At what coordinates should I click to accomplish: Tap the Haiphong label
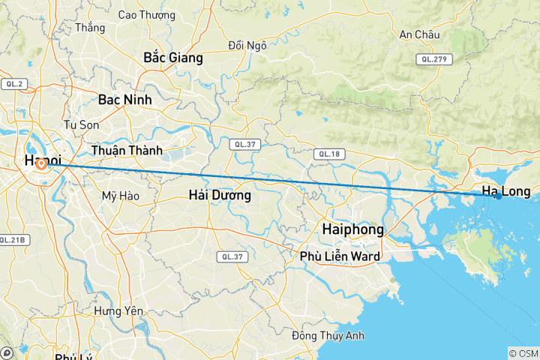(x=352, y=229)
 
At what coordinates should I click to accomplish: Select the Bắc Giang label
(x=173, y=58)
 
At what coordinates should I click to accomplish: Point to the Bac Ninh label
(x=124, y=99)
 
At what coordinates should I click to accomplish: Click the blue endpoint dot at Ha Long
(x=498, y=196)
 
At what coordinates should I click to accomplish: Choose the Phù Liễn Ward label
(x=339, y=256)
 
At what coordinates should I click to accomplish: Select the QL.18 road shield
(x=329, y=154)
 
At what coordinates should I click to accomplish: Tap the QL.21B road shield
(x=13, y=240)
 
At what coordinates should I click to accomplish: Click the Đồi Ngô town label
(x=247, y=46)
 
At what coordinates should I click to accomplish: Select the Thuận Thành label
(x=126, y=151)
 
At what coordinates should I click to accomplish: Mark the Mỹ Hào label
(x=120, y=196)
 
